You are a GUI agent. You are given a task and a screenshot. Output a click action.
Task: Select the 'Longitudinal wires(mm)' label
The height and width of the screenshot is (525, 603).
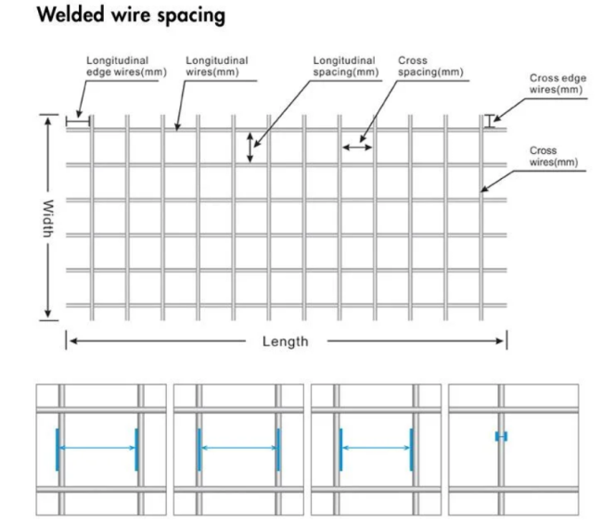pos(216,66)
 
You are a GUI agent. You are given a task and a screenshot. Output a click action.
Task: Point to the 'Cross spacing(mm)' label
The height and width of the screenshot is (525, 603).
pos(430,66)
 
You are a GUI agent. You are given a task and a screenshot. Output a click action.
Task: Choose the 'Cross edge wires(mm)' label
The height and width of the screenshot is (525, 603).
pos(556,83)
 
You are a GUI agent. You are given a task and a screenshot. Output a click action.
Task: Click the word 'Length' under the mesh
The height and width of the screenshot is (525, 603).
pos(285,341)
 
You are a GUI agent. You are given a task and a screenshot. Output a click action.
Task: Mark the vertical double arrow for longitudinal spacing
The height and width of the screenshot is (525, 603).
pos(250,147)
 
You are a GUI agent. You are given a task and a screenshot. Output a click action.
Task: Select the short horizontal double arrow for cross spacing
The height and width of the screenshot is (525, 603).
pos(357,146)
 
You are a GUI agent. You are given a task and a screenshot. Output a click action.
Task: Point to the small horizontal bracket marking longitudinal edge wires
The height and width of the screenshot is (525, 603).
pos(78,120)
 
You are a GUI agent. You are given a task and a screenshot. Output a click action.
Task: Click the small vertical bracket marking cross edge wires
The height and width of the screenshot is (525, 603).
pos(490,121)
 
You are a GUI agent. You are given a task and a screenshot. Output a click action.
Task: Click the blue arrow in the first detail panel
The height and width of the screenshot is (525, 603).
pos(96,449)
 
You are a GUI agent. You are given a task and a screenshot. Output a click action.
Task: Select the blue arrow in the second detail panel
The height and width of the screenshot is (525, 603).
pos(238,449)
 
